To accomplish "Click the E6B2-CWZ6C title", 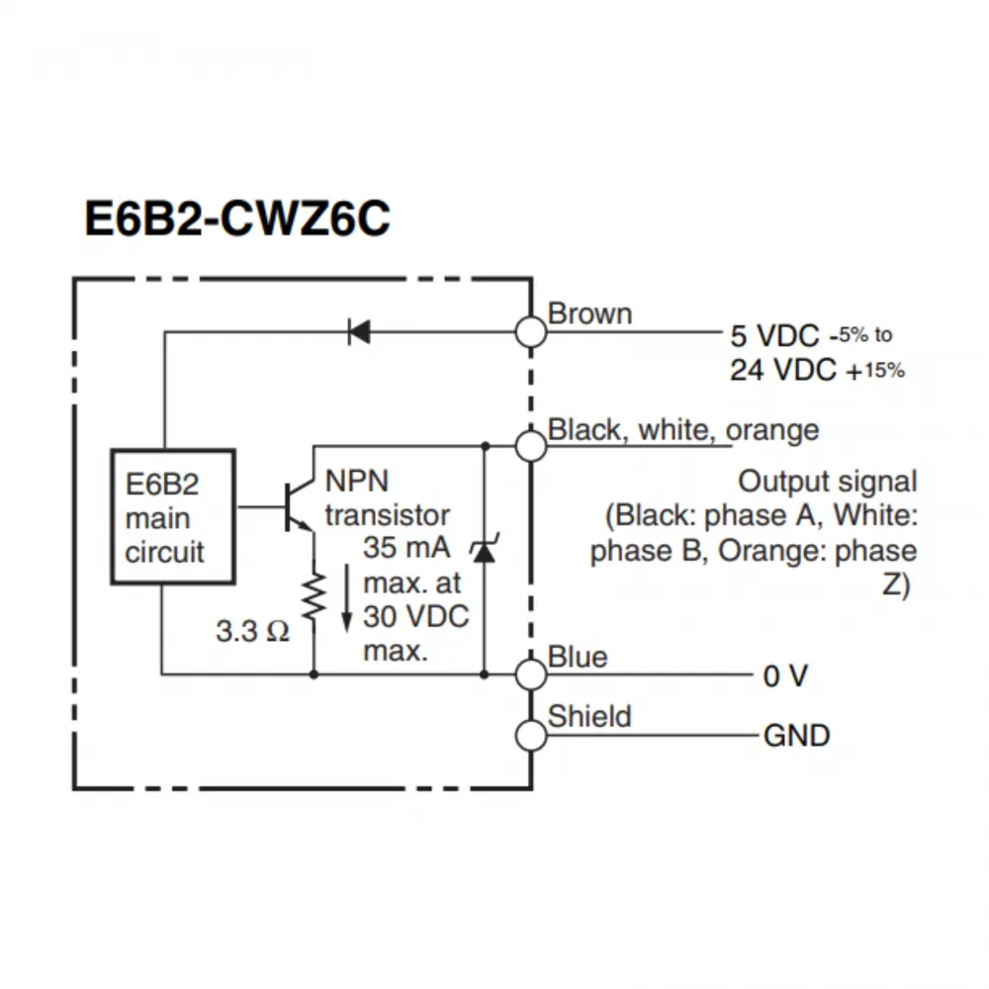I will pyautogui.click(x=237, y=221).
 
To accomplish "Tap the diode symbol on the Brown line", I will pyautogui.click(x=359, y=332).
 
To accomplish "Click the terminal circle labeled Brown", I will pyautogui.click(x=532, y=332).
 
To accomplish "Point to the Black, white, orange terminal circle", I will pyautogui.click(x=532, y=446).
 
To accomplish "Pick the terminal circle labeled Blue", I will pyautogui.click(x=532, y=675).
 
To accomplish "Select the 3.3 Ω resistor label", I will pyautogui.click(x=252, y=631).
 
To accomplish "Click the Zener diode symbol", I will pyautogui.click(x=484, y=549).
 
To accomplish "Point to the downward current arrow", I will pyautogui.click(x=346, y=598).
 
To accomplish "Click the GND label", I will pyautogui.click(x=796, y=737).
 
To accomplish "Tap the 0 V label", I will pyautogui.click(x=785, y=676).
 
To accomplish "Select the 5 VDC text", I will pyautogui.click(x=774, y=335).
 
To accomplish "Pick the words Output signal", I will pyautogui.click(x=828, y=482).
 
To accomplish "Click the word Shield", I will pyautogui.click(x=589, y=716).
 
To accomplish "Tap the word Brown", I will pyautogui.click(x=589, y=315).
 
